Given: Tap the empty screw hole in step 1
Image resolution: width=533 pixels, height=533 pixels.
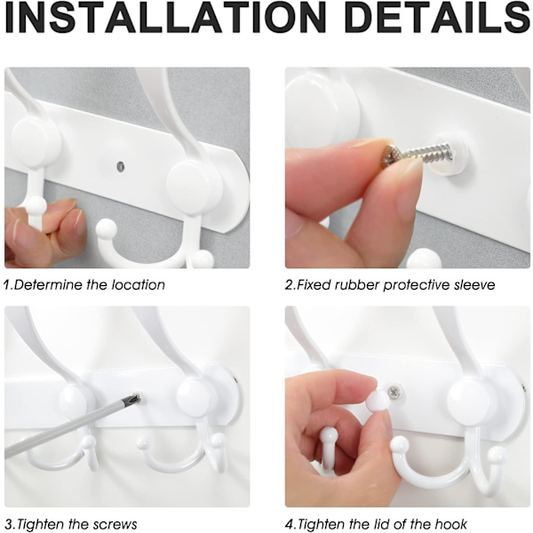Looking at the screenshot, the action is pos(120,167).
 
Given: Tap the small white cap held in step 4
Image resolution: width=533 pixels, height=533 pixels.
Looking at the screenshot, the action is pos(378,401).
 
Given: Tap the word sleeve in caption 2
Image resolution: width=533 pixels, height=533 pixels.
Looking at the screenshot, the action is pos(474,284).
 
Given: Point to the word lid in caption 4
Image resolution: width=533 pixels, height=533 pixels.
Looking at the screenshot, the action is pos(377,524).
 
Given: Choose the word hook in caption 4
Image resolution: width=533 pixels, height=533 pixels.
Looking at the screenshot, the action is pos(450,524).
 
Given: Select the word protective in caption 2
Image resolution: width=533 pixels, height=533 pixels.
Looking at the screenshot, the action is pos(417,285).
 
